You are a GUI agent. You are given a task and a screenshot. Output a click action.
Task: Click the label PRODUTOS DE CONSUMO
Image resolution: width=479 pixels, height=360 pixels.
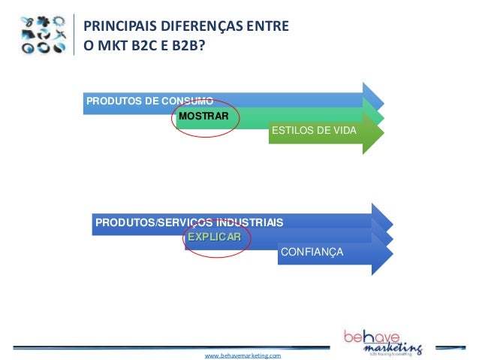point(149,101)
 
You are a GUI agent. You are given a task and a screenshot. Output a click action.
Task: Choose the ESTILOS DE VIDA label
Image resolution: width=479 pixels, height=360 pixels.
point(314,132)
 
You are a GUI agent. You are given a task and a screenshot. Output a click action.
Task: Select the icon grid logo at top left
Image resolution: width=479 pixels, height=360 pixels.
point(45,35)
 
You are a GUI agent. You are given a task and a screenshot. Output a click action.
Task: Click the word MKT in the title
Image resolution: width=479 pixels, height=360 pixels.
point(109,47)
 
